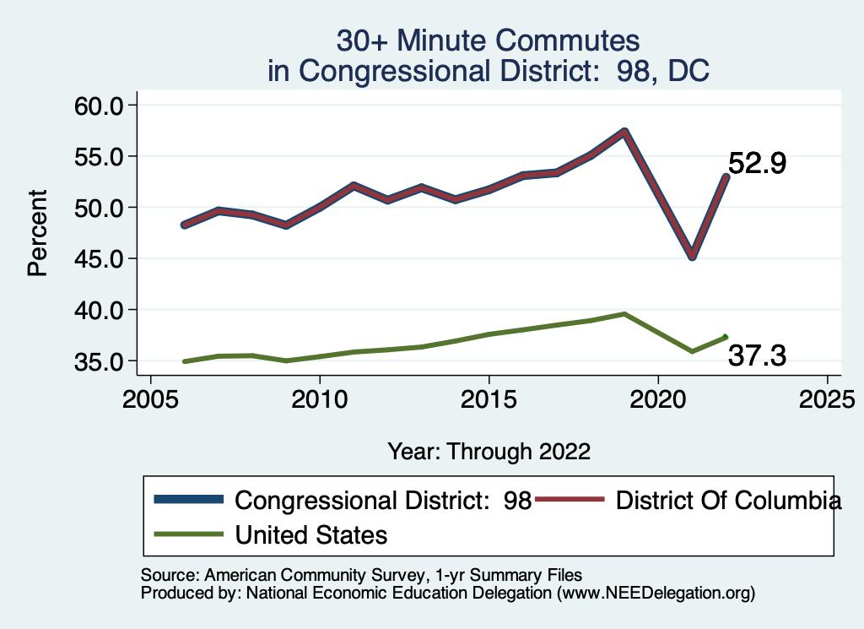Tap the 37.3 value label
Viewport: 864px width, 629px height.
point(757,356)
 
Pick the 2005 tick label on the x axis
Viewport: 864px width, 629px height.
point(150,398)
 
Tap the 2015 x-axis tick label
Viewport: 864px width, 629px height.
point(489,398)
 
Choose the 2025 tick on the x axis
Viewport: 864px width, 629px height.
point(827,398)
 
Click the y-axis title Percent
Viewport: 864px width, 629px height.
point(36,233)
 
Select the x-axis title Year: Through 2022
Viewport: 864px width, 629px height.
point(489,451)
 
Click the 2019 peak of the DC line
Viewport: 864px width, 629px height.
point(624,132)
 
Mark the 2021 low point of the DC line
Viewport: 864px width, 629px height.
point(692,256)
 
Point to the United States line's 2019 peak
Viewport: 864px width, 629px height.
point(624,314)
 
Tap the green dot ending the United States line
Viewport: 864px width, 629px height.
point(726,337)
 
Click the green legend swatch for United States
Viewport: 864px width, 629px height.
point(188,534)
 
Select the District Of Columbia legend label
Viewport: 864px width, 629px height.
point(729,501)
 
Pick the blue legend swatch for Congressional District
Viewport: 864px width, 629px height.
point(188,501)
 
